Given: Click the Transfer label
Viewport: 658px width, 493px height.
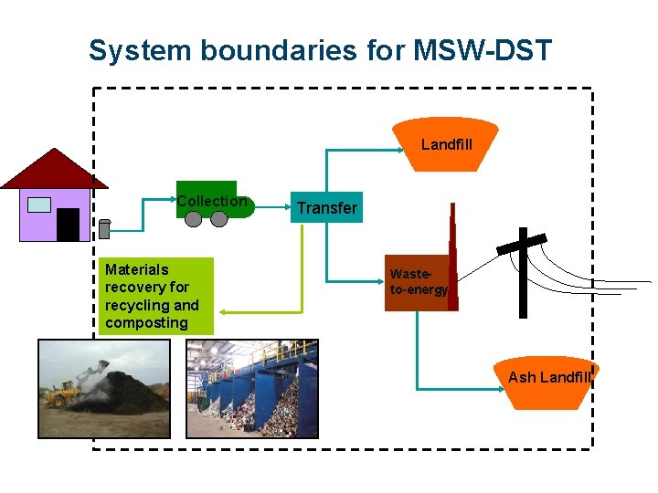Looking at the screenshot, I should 326,208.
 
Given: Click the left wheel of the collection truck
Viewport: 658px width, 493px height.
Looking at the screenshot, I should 194,219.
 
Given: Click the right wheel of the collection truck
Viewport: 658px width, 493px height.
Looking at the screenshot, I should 218,219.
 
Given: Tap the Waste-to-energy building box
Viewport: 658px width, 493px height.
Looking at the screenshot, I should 418,282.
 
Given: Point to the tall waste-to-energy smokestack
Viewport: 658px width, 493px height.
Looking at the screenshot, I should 451,246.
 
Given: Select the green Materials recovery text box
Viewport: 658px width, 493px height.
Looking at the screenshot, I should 155,296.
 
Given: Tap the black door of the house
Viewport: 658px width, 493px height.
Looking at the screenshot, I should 68,225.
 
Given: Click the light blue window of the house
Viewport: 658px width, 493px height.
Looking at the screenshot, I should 38,205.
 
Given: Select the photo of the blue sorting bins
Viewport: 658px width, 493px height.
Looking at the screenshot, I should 251,389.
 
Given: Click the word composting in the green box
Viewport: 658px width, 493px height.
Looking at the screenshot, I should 146,323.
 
